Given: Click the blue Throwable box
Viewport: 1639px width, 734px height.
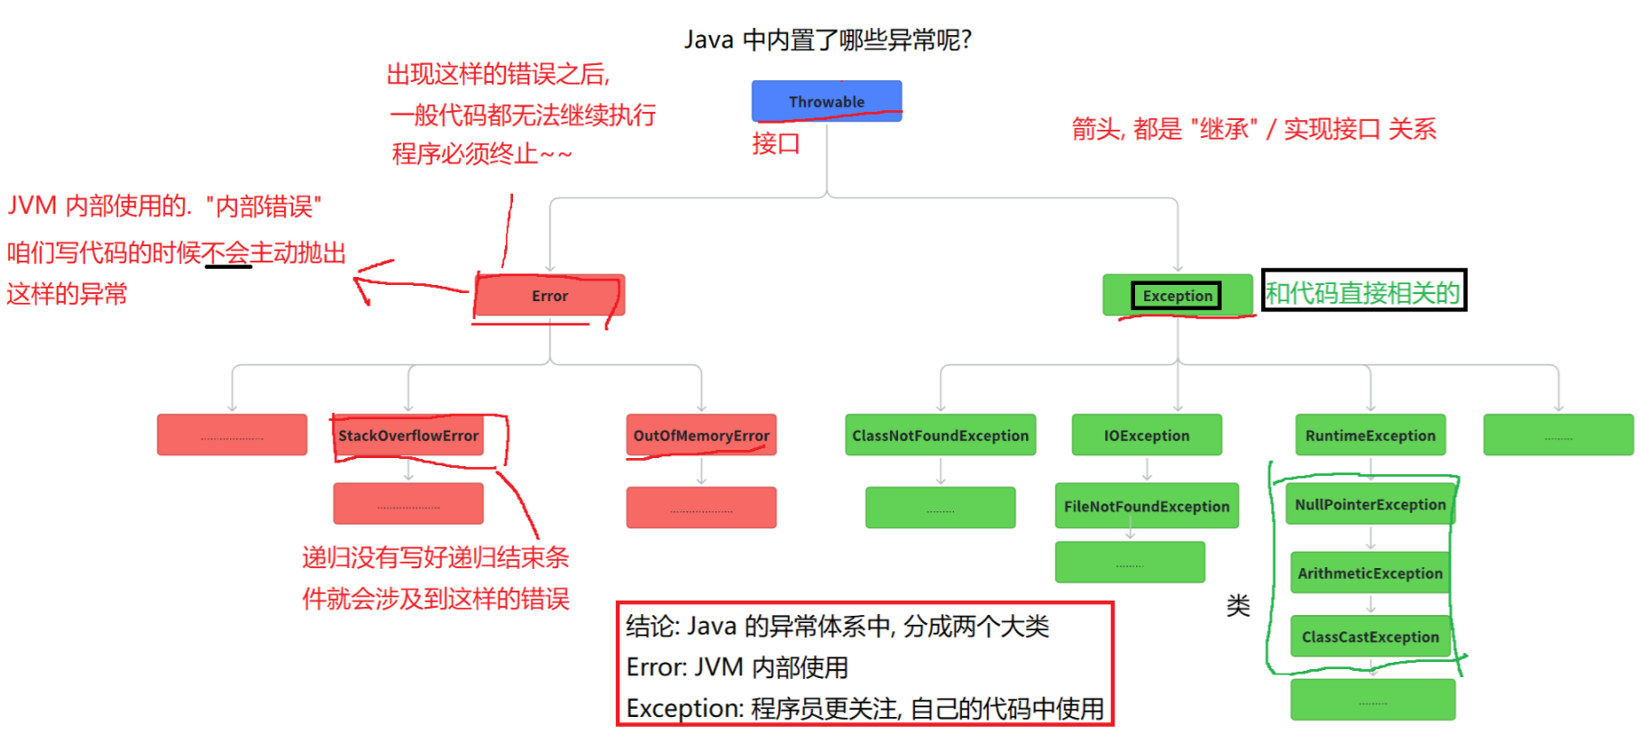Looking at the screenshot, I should pyautogui.click(x=827, y=101).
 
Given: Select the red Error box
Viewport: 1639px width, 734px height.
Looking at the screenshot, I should pyautogui.click(x=549, y=296).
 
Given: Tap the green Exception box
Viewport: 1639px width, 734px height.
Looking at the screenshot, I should pyautogui.click(x=1177, y=296).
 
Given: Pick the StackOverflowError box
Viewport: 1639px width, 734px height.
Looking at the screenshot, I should pyautogui.click(x=408, y=436).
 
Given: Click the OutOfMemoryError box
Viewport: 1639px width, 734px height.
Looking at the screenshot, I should pyautogui.click(x=701, y=436).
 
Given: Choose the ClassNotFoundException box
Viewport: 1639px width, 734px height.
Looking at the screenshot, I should pyautogui.click(x=940, y=436).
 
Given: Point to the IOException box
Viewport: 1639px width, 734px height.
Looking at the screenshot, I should pyautogui.click(x=1147, y=436).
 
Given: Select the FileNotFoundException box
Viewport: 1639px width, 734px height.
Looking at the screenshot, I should pyautogui.click(x=1147, y=507).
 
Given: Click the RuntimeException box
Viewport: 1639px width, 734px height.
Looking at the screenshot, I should pyautogui.click(x=1370, y=436).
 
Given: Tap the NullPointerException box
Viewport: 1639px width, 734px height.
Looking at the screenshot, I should pyautogui.click(x=1370, y=505).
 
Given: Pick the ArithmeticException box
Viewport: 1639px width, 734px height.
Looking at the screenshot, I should pyautogui.click(x=1370, y=573).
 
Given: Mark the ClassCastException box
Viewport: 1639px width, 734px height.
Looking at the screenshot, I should pyautogui.click(x=1370, y=637).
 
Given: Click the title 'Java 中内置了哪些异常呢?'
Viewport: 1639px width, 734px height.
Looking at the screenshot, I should pyautogui.click(x=828, y=40).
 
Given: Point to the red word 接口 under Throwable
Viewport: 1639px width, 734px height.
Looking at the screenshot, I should pyautogui.click(x=776, y=143).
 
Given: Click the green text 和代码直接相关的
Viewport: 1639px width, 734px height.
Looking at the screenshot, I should pyautogui.click(x=1362, y=292).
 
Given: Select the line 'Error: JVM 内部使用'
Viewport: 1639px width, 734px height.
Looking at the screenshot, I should pyautogui.click(x=737, y=667).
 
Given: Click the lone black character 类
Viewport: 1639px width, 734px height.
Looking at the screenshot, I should pyautogui.click(x=1238, y=606).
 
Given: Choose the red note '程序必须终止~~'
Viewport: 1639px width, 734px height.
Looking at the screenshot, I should pyautogui.click(x=481, y=154).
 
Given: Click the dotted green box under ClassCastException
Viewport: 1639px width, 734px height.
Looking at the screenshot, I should pyautogui.click(x=1372, y=701).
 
